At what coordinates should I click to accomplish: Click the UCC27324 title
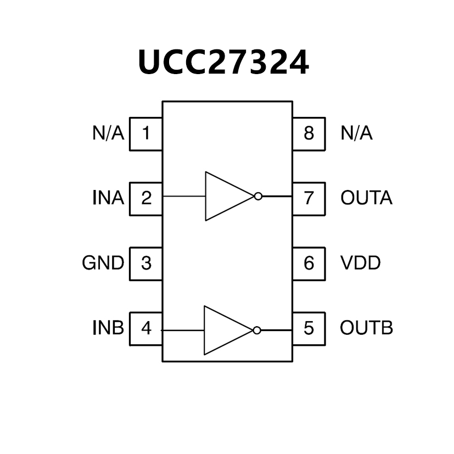tap(223, 62)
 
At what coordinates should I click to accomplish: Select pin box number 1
tap(146, 133)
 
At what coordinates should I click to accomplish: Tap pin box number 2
tap(146, 198)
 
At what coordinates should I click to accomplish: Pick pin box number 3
tap(146, 264)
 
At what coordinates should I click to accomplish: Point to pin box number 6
tap(309, 264)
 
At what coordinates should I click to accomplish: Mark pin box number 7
tap(309, 198)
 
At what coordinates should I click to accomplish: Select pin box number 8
tap(309, 133)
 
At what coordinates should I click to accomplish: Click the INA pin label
tap(108, 198)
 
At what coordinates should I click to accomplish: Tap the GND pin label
tap(103, 264)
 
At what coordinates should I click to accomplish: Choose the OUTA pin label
tap(366, 198)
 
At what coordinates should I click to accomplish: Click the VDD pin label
tap(360, 264)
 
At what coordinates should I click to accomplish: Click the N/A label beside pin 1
tap(108, 133)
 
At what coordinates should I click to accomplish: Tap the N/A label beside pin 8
tap(356, 133)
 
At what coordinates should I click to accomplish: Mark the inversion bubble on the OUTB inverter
tap(257, 330)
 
